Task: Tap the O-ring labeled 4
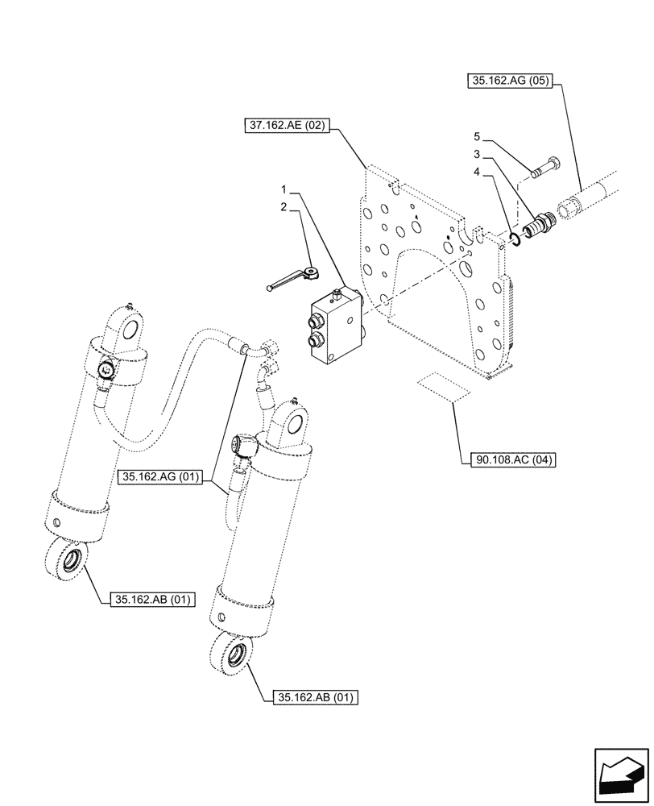pos(512,237)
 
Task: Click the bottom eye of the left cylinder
pos(67,561)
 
